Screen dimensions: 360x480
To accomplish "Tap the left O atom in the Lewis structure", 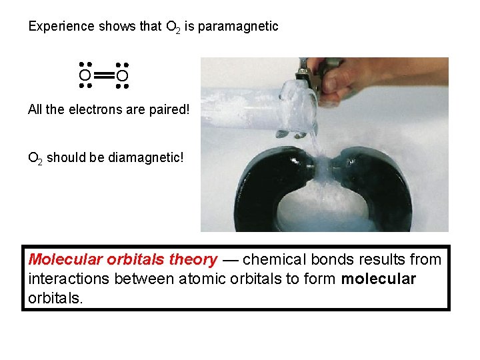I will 85,76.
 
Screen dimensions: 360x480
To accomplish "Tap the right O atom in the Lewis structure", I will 121,76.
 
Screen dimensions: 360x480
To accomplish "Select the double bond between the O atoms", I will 103,76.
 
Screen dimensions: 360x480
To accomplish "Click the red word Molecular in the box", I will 63,259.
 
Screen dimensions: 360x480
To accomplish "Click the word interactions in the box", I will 69,279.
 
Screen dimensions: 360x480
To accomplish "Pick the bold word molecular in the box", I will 378,279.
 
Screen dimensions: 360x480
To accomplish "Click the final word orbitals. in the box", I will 56,298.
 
